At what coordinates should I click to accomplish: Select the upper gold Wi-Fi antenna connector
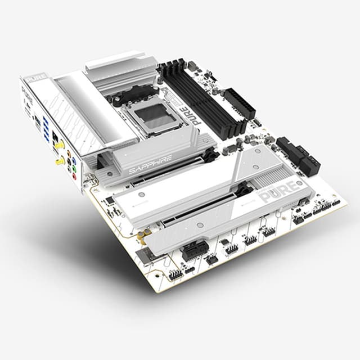(x=58, y=145)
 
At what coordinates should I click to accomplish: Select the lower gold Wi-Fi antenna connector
(x=58, y=161)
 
